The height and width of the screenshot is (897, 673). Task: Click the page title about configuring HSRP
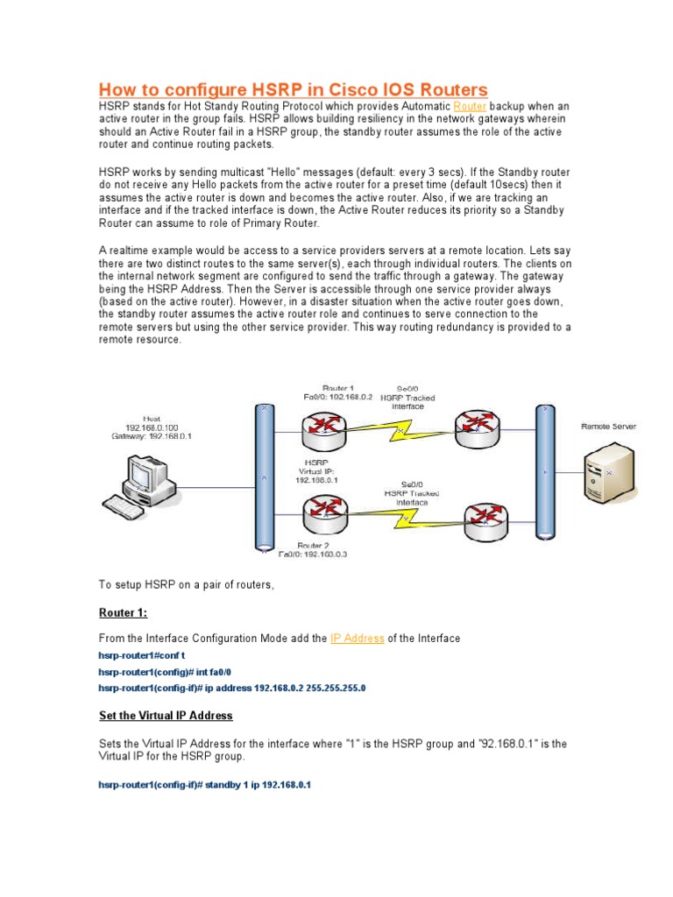click(293, 90)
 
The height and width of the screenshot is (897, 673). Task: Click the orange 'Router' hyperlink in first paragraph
click(469, 105)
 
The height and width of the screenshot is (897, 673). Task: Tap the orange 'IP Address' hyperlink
click(357, 639)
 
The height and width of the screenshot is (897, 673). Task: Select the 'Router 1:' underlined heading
click(123, 612)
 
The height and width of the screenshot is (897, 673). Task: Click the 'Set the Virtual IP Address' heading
click(166, 716)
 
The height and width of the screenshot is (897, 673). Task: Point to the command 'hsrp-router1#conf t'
click(141, 655)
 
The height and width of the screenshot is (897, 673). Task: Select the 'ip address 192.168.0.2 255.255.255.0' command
click(231, 689)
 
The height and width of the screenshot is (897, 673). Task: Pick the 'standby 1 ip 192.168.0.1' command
click(204, 785)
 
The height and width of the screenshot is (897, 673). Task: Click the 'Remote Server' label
click(608, 427)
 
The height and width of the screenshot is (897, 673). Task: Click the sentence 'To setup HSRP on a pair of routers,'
click(187, 584)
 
